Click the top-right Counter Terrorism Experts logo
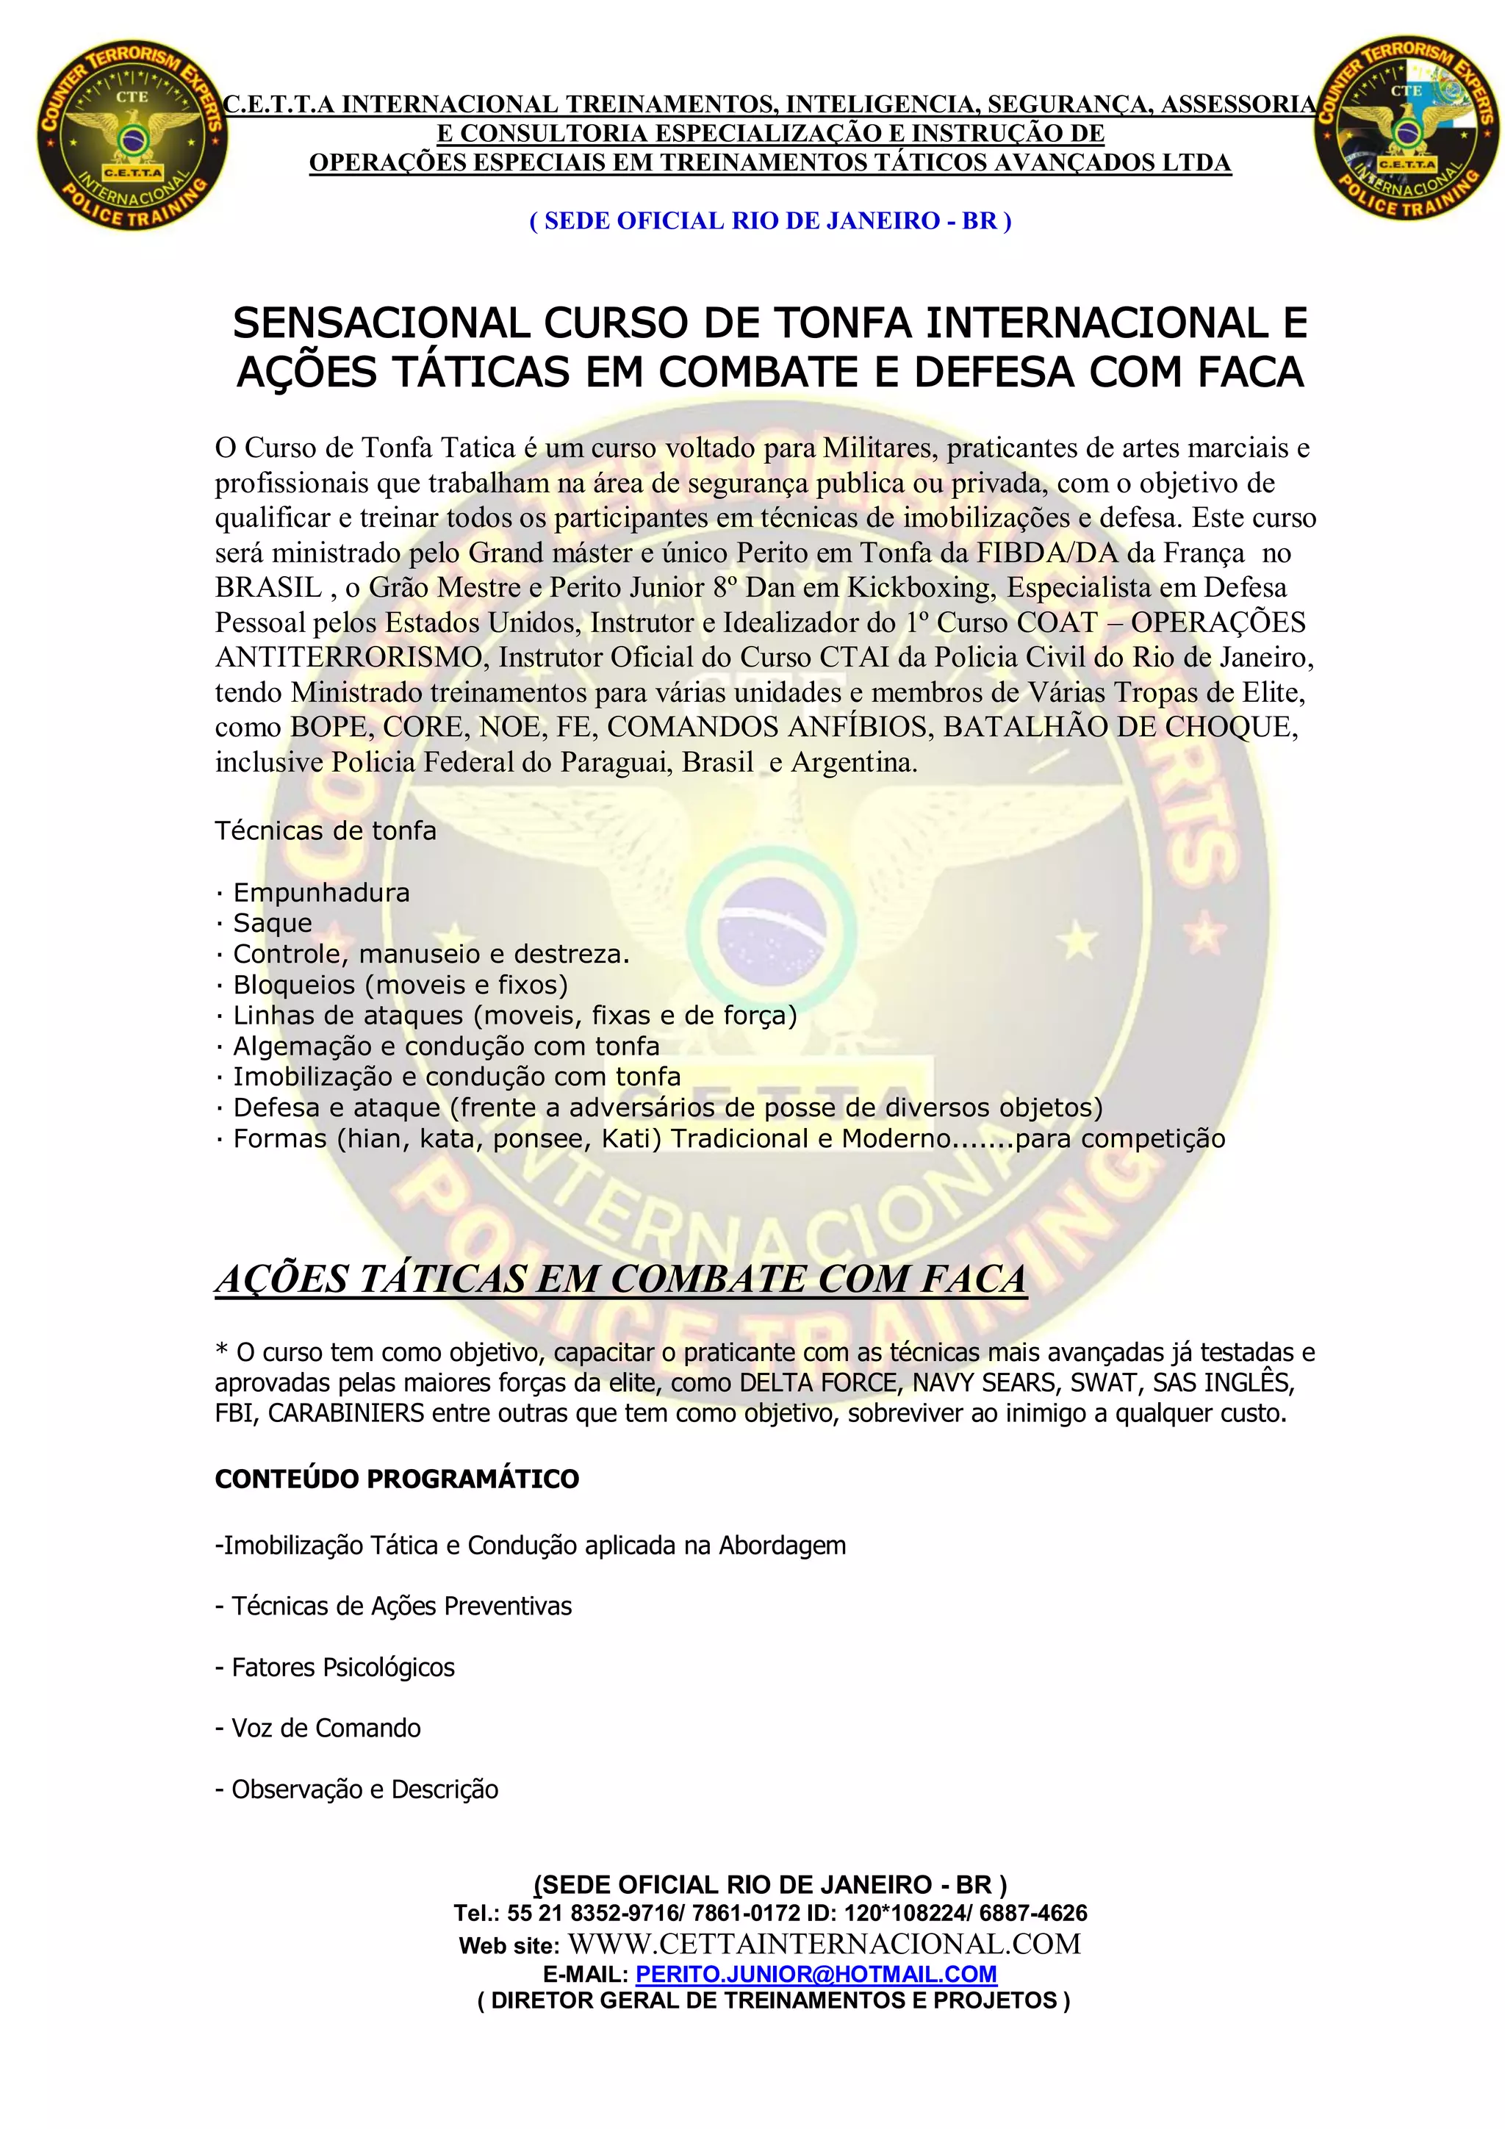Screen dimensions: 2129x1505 pos(1406,131)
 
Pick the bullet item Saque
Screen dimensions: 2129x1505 pos(272,924)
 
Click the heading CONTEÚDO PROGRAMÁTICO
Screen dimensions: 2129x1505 pos(397,1479)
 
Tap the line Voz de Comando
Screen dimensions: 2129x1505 pos(326,1728)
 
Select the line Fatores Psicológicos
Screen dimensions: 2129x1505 pos(342,1667)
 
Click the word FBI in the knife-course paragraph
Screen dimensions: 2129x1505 pos(236,1414)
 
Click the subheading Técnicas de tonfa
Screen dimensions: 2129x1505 pos(326,831)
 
